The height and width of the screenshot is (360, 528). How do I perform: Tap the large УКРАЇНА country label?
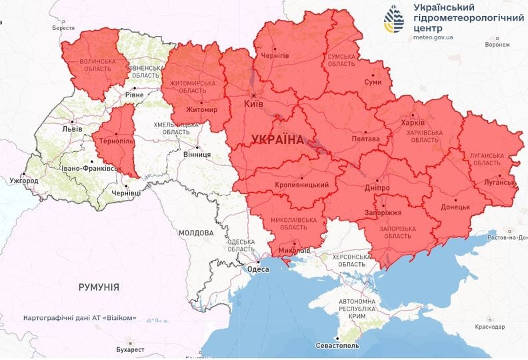pyautogui.click(x=277, y=139)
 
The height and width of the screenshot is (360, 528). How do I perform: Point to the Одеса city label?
pyautogui.click(x=258, y=269)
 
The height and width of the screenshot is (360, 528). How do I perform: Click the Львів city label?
pyautogui.click(x=71, y=129)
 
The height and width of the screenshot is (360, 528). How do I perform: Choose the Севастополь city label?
pyautogui.click(x=337, y=346)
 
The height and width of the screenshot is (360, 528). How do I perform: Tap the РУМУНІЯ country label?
pyautogui.click(x=99, y=287)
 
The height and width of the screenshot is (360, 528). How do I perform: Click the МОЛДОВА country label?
pyautogui.click(x=196, y=233)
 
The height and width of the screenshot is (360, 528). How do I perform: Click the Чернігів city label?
pyautogui.click(x=275, y=56)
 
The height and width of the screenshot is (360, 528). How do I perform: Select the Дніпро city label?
pyautogui.click(x=377, y=189)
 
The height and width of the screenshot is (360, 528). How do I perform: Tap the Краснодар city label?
pyautogui.click(x=489, y=327)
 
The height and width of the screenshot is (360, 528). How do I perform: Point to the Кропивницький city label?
pyautogui.click(x=301, y=185)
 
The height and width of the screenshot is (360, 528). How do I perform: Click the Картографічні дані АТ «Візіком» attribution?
pyautogui.click(x=79, y=318)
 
